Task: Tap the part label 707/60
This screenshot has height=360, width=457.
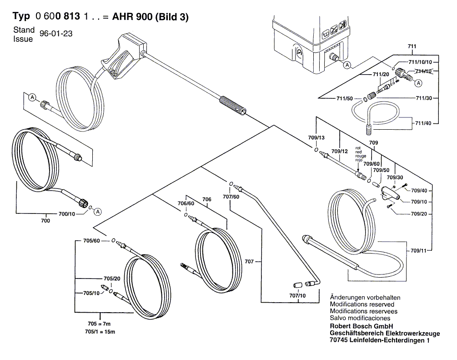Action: point(231,197)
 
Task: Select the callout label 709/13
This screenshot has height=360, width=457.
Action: point(316,138)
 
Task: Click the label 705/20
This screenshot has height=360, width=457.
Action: point(112,279)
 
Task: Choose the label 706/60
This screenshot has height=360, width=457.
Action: point(186,203)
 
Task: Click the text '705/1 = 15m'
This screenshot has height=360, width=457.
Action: point(100,332)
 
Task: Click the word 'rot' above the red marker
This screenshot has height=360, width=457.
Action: point(358,148)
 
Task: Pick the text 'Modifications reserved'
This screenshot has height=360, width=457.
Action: point(362,304)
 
